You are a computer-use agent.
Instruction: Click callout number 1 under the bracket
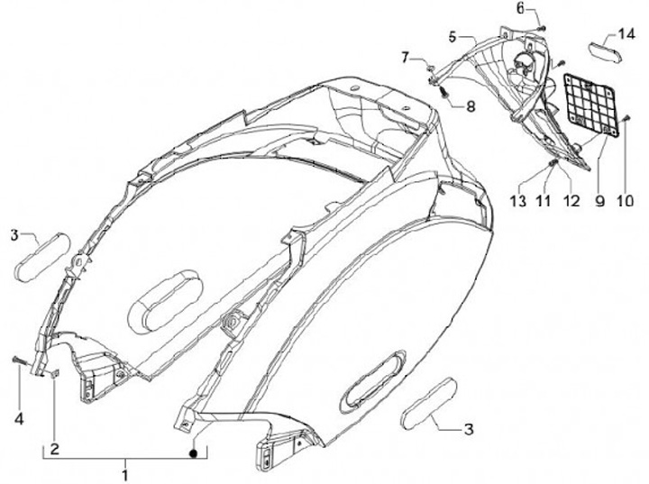click(125, 471)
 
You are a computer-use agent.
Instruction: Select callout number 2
click(54, 448)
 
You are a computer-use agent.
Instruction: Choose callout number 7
click(407, 58)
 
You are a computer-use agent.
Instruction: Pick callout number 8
click(471, 105)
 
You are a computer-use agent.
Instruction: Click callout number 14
click(626, 35)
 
